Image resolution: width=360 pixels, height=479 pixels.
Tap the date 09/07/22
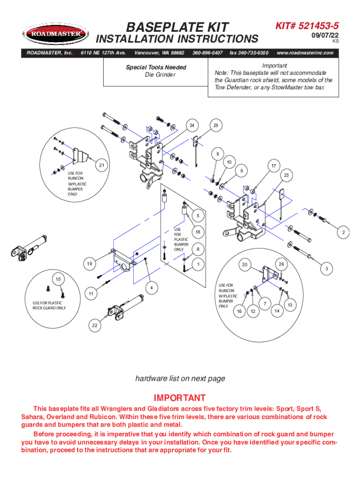point(325,36)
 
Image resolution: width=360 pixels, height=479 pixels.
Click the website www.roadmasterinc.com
point(305,53)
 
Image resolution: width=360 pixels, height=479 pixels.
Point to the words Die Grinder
point(156,75)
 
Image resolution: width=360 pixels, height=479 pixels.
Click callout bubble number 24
point(192,125)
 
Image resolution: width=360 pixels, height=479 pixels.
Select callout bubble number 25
point(216,125)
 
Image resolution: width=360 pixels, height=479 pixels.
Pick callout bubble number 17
point(273,165)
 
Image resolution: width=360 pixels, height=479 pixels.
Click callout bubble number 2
point(343,232)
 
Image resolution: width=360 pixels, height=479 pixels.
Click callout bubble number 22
point(95,326)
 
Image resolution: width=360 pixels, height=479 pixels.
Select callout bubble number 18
point(198,232)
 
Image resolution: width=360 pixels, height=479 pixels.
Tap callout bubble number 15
point(58,279)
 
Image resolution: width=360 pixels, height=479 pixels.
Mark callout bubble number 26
point(281,264)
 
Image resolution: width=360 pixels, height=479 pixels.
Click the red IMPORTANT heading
point(180,398)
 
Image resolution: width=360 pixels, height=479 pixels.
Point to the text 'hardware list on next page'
point(180,378)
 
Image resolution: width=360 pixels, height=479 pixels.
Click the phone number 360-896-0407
point(207,53)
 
